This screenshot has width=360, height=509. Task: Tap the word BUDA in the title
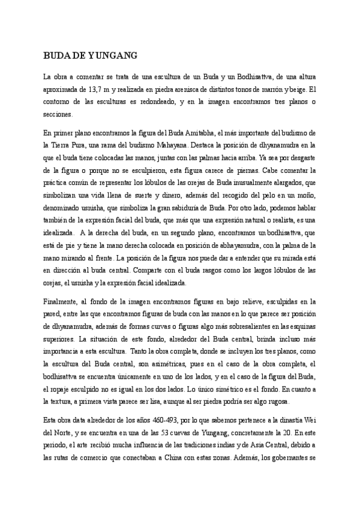pos(56,56)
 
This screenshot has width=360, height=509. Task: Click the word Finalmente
pos(62,301)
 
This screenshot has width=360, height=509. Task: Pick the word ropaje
pos(57,388)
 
